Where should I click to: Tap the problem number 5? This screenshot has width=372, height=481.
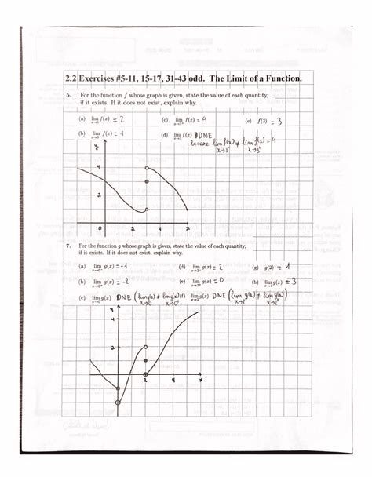(x=69, y=94)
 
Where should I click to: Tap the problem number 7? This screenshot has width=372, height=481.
(x=69, y=246)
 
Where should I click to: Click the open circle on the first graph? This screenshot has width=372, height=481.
(x=147, y=168)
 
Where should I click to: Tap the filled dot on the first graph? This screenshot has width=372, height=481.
(x=147, y=182)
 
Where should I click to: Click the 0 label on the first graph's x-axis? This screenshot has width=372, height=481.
(x=100, y=229)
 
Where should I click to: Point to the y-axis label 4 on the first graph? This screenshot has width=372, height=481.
(x=98, y=168)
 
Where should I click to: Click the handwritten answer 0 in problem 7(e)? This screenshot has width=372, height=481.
(x=223, y=280)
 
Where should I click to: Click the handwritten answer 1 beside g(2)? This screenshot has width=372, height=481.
(x=288, y=266)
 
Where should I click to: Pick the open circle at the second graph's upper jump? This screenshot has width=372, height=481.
(x=146, y=347)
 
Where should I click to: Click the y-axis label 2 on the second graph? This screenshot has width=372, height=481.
(x=114, y=347)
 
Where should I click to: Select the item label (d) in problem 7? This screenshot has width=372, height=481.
(x=181, y=267)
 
